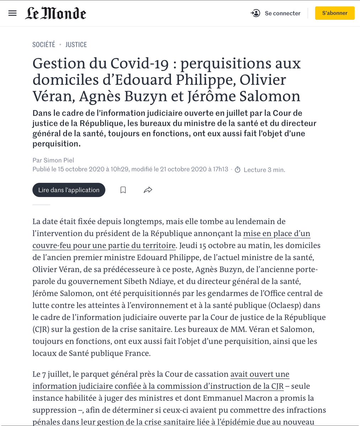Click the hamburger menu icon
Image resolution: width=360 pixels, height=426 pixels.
coord(12,13)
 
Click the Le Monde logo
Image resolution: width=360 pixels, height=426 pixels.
coord(56,13)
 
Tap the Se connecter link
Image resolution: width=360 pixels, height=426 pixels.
coord(283,13)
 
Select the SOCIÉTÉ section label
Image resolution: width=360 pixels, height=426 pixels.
coord(44,44)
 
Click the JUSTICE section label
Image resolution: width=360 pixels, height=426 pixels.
coord(76,44)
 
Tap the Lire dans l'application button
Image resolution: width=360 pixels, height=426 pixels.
coord(69,190)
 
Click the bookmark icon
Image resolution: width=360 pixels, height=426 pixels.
coord(123,190)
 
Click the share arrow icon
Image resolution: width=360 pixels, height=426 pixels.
coord(148,190)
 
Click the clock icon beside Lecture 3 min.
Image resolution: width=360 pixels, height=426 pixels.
coord(238,170)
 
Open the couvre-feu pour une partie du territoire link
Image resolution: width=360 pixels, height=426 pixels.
coord(104,246)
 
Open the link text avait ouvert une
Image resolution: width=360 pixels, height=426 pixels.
coord(260,374)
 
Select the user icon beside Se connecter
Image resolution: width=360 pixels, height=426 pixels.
coord(256,13)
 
